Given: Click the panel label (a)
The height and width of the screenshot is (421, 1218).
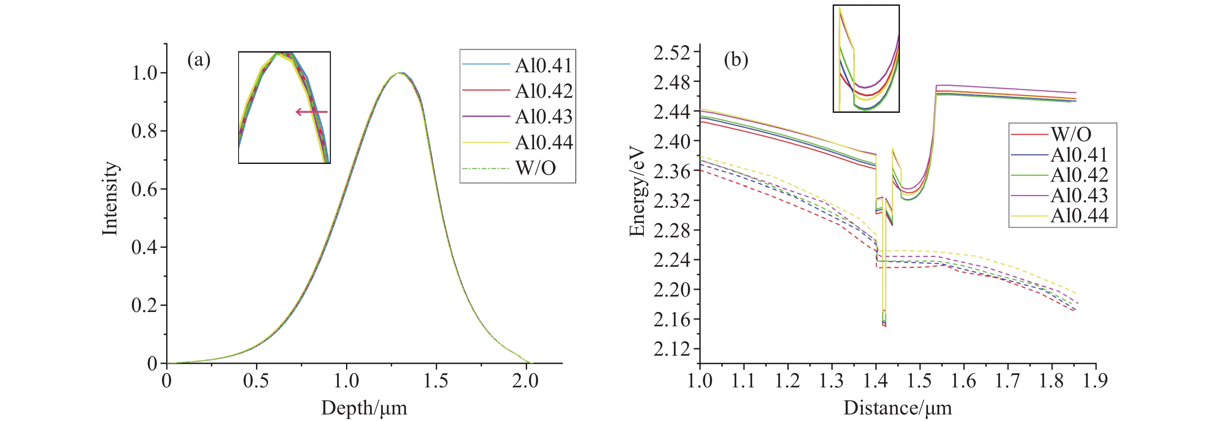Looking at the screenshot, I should coord(199,60).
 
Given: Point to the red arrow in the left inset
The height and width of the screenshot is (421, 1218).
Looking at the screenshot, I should coord(311,112).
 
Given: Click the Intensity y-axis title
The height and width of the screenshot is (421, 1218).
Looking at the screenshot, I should coord(110,198).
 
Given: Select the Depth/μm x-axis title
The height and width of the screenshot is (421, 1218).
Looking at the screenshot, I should coord(364,408).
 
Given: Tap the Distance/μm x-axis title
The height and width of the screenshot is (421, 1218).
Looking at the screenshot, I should coord(897,408).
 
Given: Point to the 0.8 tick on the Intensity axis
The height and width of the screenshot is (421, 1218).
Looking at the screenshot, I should coord(144,131).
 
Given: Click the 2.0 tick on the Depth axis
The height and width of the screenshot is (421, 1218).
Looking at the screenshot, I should coord(525,380).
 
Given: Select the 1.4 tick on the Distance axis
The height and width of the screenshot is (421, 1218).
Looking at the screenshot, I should coord(876,380).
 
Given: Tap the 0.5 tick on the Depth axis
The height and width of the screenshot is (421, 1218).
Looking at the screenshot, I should coord(256,380).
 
